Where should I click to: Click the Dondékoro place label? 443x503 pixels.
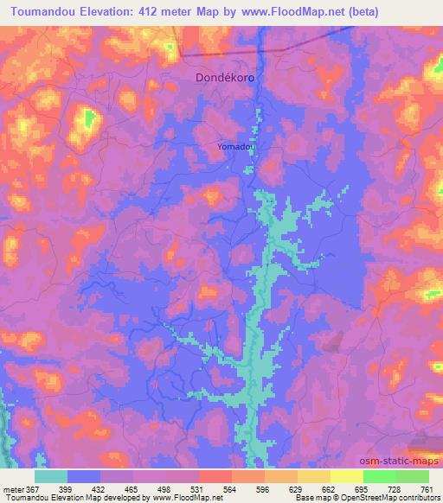[224, 77]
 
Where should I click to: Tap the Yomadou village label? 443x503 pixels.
[237, 147]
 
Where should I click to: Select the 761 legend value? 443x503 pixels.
[427, 489]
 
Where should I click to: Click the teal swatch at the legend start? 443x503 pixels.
[51, 476]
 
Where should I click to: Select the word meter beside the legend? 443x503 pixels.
[13, 489]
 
